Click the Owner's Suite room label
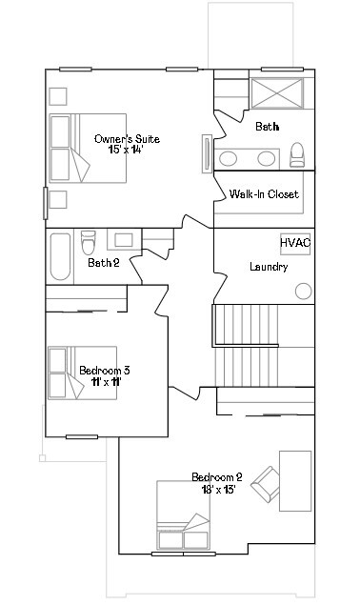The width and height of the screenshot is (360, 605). [127, 139]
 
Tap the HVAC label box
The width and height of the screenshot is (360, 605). [295, 243]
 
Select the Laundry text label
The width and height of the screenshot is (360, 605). [269, 267]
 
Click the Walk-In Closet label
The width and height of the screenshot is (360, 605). [264, 194]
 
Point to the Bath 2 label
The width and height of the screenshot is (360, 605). [103, 263]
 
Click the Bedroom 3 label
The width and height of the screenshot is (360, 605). [105, 370]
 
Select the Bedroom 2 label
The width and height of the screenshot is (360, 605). [217, 476]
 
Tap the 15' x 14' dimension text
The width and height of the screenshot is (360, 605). [127, 151]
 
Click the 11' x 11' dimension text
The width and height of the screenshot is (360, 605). [105, 381]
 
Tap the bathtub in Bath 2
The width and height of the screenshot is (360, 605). [60, 256]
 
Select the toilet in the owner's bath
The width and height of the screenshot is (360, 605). [297, 154]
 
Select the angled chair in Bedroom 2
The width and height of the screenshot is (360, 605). [264, 486]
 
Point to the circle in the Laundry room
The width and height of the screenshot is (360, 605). [304, 291]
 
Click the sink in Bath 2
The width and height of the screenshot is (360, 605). [124, 240]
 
